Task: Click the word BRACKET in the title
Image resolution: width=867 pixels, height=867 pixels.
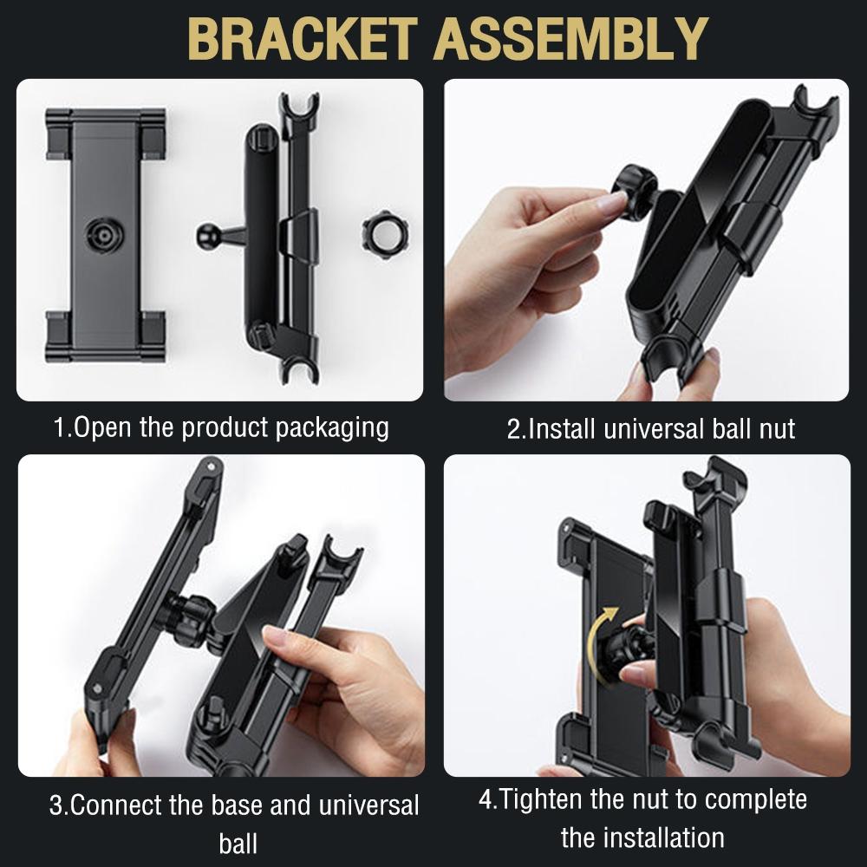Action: (303, 38)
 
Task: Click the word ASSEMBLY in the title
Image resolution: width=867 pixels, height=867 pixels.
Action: (570, 38)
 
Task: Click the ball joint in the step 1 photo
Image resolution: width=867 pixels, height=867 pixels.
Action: (208, 235)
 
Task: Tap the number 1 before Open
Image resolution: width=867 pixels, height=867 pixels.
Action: (59, 427)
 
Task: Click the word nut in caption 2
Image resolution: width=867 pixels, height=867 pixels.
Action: (777, 430)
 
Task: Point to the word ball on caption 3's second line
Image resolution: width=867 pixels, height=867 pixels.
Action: (238, 844)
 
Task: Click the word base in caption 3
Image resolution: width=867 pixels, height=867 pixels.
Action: (236, 805)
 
